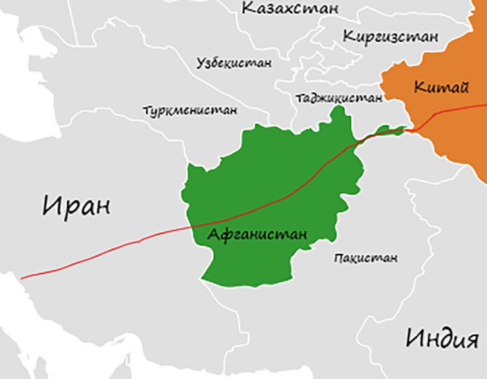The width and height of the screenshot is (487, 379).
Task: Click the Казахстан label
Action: (x=290, y=9)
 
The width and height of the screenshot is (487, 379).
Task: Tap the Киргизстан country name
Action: (x=390, y=37)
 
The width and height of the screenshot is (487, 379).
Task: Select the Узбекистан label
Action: (x=234, y=63)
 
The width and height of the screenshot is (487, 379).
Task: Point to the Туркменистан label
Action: (x=190, y=110)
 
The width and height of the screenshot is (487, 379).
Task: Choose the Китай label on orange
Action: (x=432, y=86)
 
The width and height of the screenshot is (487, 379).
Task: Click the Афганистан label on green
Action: (x=257, y=235)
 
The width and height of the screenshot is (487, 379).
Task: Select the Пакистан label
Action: (x=365, y=258)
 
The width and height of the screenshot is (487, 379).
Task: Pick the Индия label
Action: (x=440, y=339)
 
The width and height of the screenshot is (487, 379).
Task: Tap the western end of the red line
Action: (x=22, y=278)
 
